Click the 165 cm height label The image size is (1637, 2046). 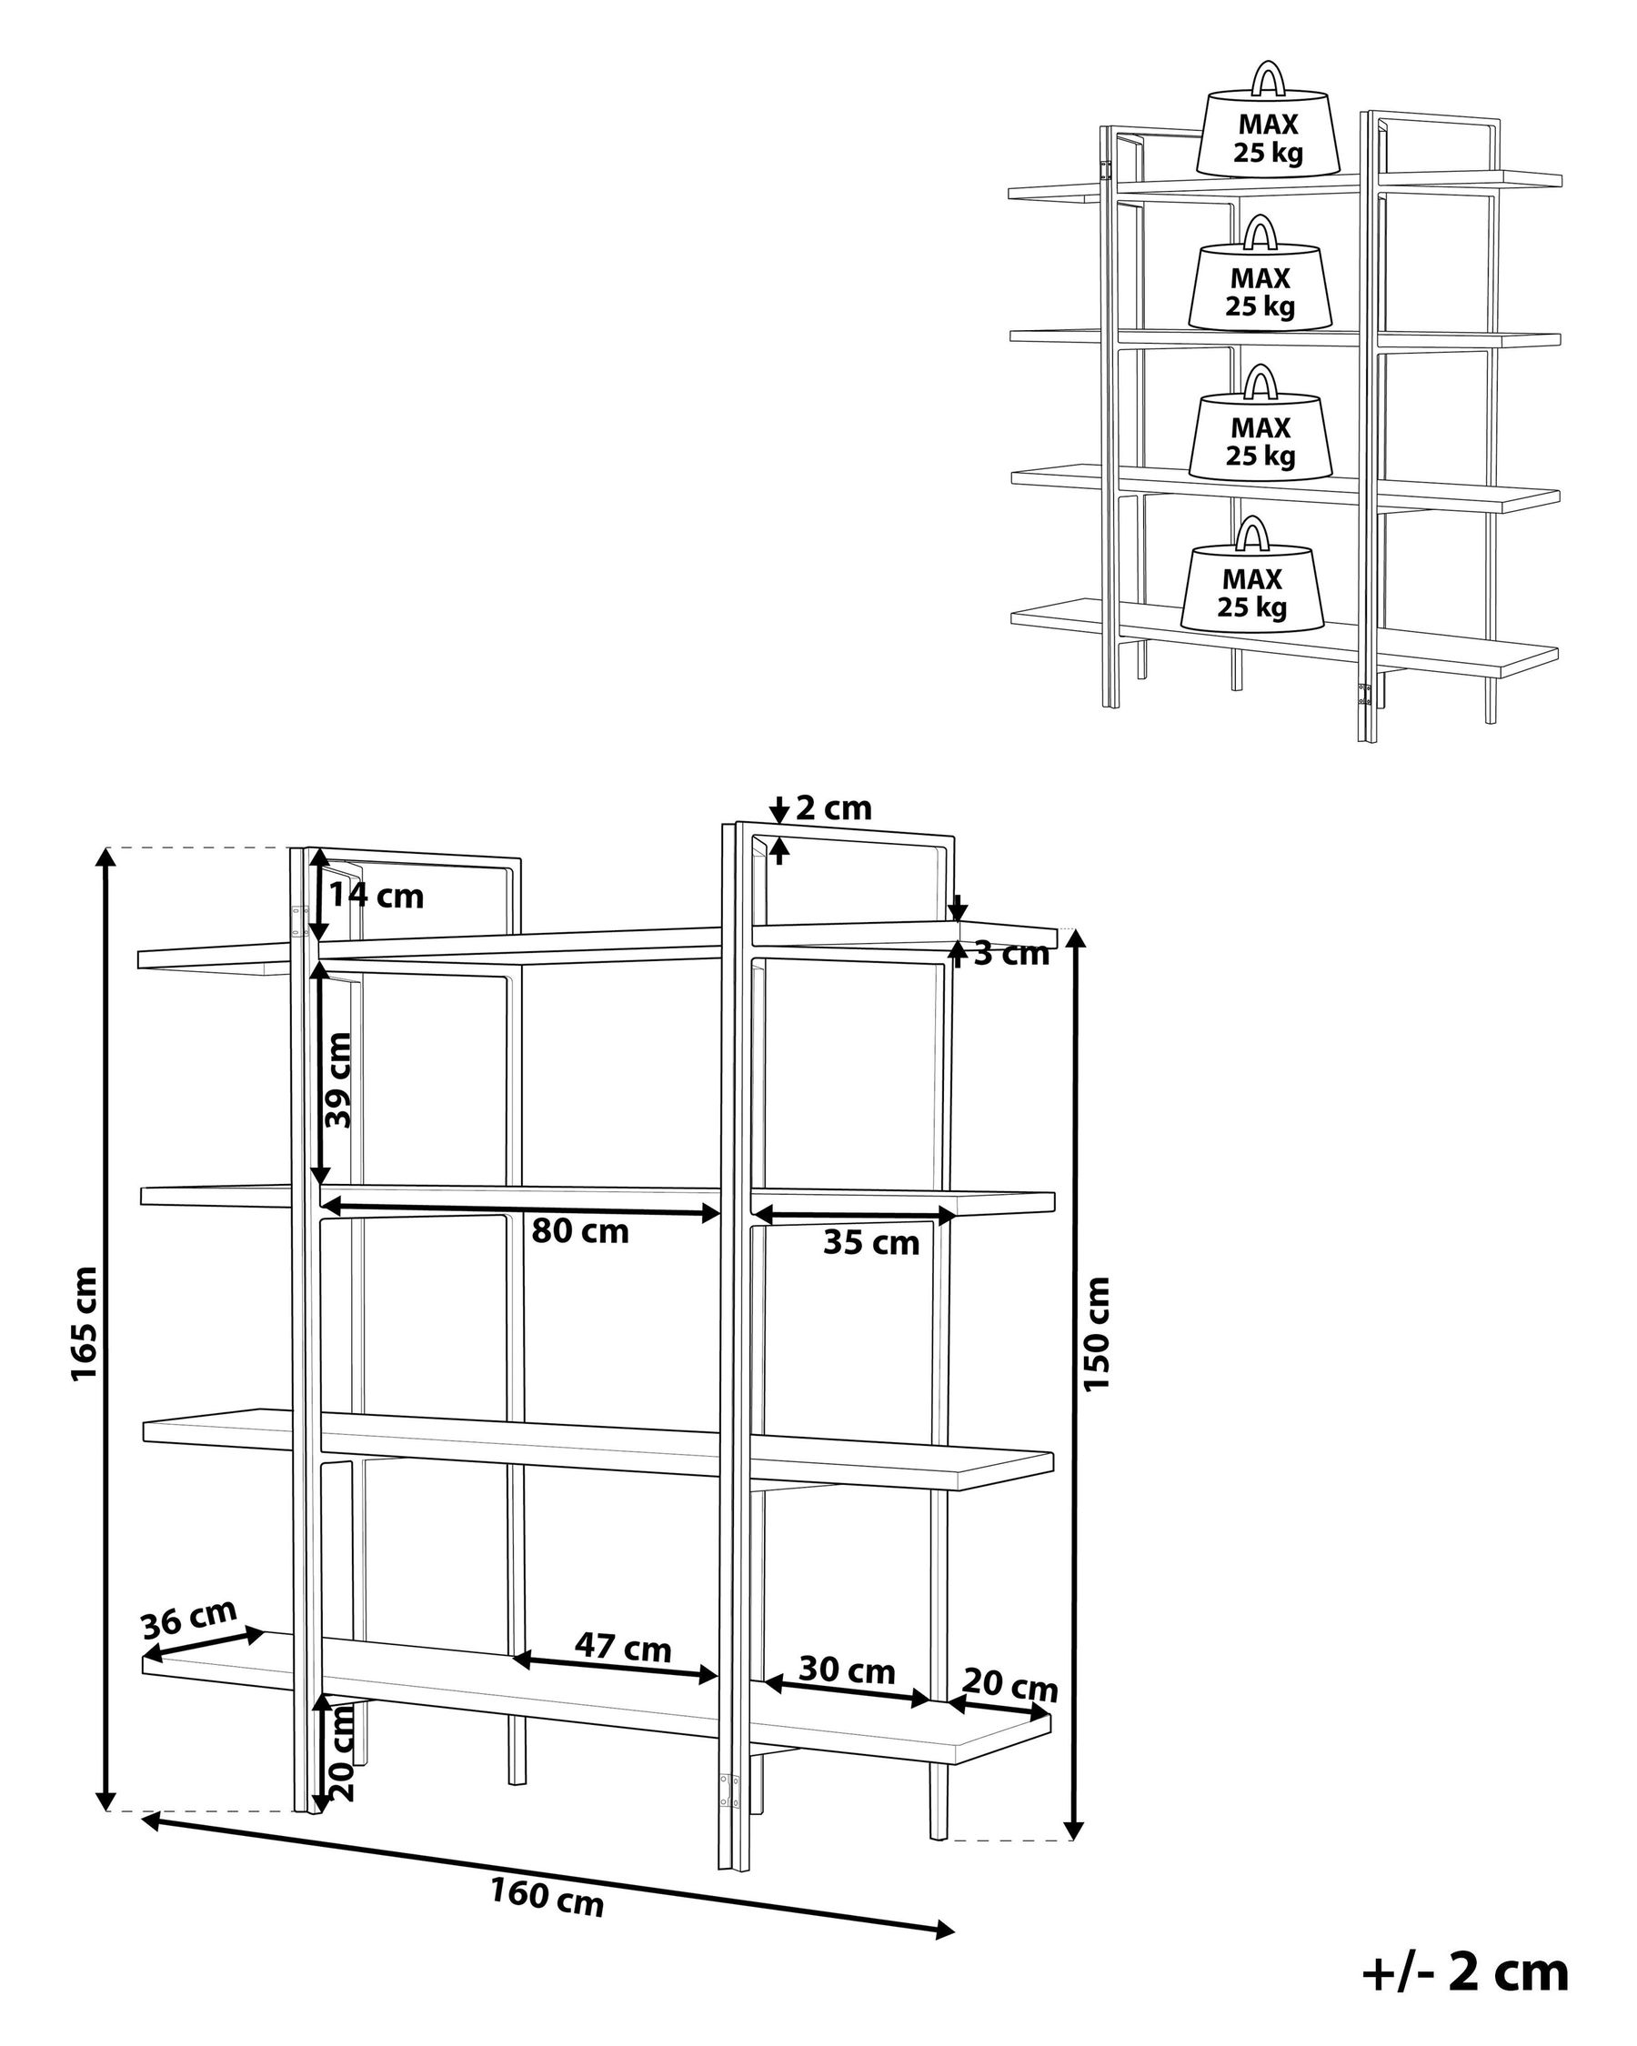tap(85, 1324)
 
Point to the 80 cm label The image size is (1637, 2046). tap(580, 1232)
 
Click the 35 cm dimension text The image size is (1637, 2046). tap(871, 1243)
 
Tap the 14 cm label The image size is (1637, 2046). tap(376, 896)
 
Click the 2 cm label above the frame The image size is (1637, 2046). tap(833, 808)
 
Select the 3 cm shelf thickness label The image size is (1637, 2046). tap(1011, 954)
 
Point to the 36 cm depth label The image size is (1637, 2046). tap(189, 1620)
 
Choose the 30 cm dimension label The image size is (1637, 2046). tap(847, 1670)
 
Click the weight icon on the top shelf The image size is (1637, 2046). tap(1267, 128)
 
